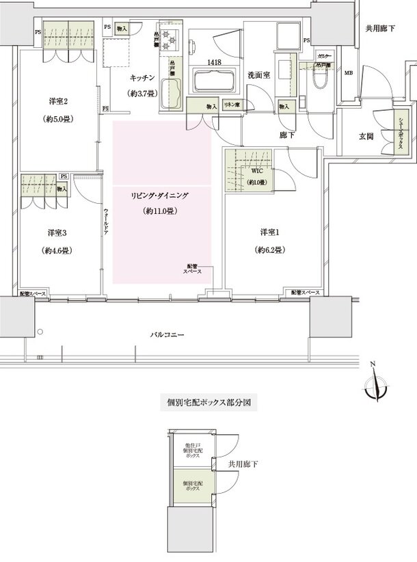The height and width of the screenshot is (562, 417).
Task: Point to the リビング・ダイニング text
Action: coord(160,196)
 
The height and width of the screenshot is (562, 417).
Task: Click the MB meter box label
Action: coord(349,73)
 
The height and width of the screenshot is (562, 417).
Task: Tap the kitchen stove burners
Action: coord(169,42)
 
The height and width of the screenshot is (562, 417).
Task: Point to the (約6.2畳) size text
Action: coord(268,249)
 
